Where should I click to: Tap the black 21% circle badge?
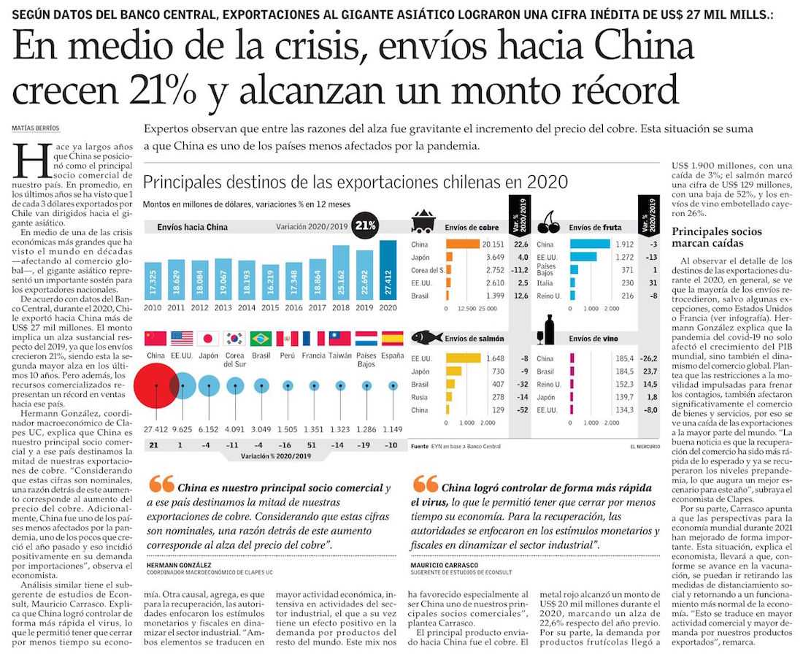(364, 226)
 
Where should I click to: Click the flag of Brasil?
(261, 339)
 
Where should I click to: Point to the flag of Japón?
(208, 339)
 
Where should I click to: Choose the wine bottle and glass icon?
(550, 332)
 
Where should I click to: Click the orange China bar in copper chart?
(462, 245)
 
